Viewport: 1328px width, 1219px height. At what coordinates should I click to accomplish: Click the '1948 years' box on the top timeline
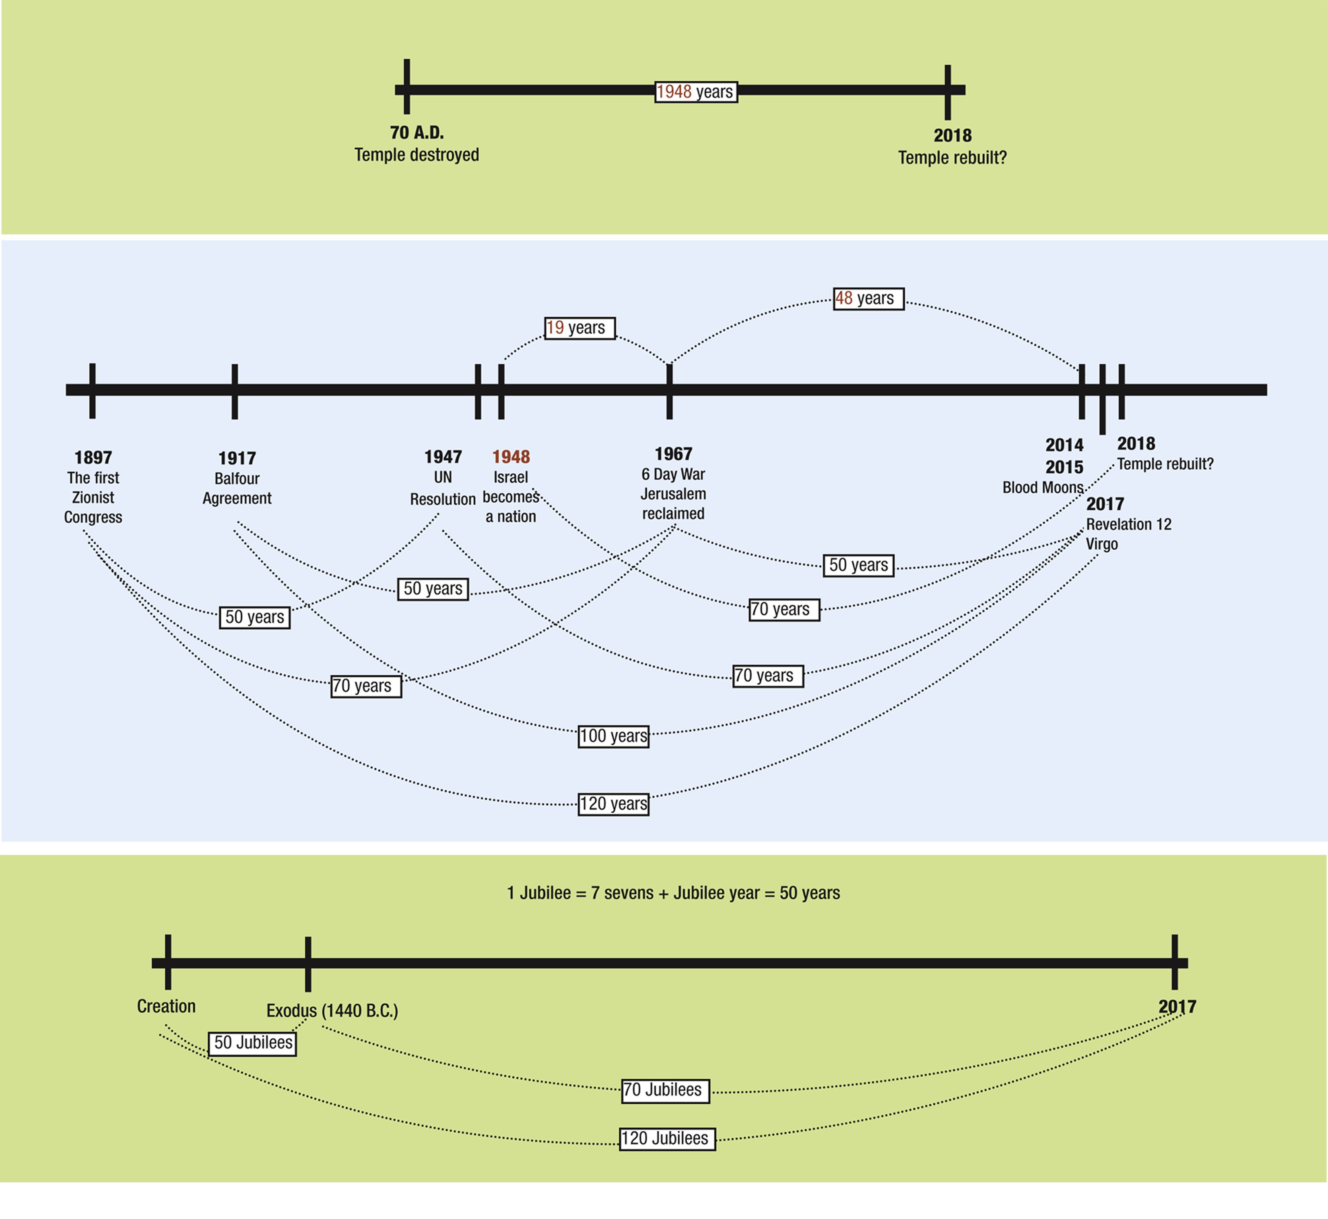click(695, 92)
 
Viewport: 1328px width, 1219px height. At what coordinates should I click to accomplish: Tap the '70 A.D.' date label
click(417, 132)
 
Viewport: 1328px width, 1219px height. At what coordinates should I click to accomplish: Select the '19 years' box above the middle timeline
click(579, 328)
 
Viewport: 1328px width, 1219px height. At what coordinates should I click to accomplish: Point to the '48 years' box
click(868, 299)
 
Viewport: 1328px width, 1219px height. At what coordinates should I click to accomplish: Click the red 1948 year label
click(511, 456)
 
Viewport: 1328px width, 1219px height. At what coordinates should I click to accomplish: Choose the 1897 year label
click(93, 457)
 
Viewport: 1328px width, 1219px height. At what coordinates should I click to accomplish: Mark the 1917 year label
click(237, 458)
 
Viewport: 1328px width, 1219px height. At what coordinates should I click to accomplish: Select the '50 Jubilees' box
click(252, 1043)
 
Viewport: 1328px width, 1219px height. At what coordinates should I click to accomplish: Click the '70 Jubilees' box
click(665, 1090)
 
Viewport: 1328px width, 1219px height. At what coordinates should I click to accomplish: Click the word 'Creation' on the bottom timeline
click(166, 1007)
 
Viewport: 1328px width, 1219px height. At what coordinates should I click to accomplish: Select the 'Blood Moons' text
click(1042, 487)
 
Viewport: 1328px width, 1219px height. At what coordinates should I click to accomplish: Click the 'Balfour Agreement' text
click(237, 488)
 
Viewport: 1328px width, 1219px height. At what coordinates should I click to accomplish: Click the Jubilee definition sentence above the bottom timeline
click(673, 893)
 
